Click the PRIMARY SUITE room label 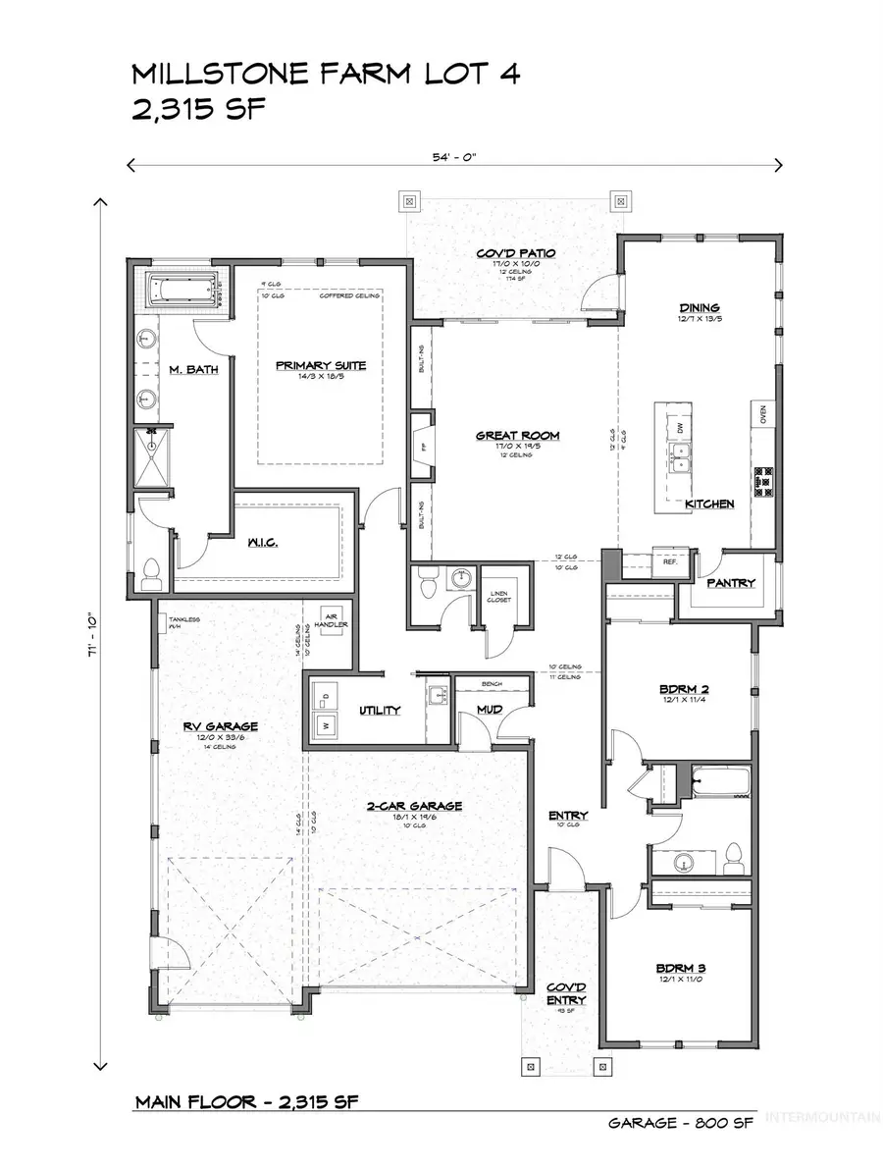320,366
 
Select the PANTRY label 731,583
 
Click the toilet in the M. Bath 151,572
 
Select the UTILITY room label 379,710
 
